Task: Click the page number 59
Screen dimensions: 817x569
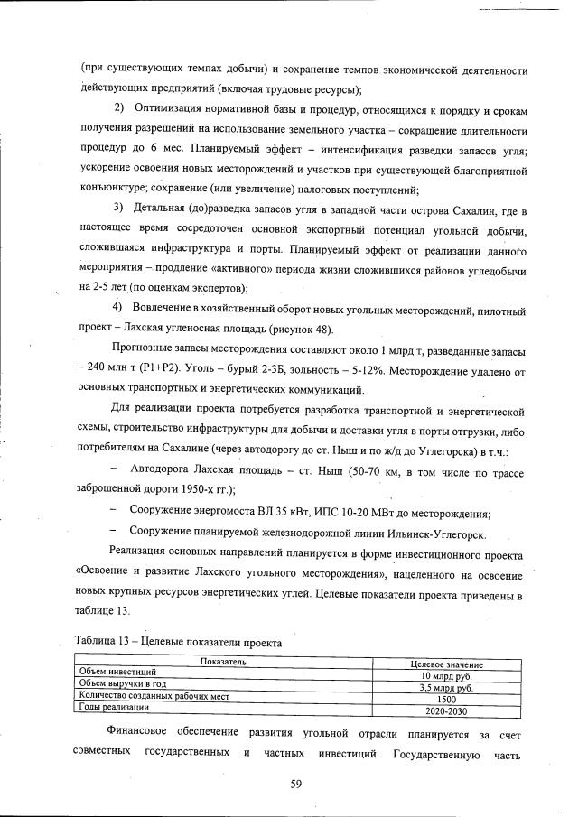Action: [x=294, y=783]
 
